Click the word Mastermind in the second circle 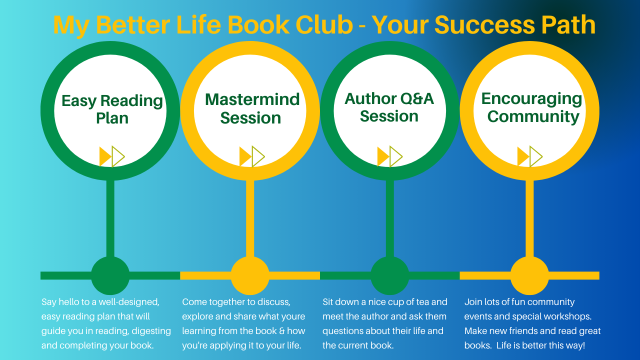252,99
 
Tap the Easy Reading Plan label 112,109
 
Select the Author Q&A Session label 389,107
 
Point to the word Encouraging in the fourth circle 531,98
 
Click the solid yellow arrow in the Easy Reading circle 105,156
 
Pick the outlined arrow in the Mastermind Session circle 258,156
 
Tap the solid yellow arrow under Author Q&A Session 382,156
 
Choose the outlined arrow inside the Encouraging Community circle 535,156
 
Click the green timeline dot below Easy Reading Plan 110,275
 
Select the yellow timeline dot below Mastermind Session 250,275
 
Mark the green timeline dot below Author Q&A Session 390,275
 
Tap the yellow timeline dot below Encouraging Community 529,275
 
